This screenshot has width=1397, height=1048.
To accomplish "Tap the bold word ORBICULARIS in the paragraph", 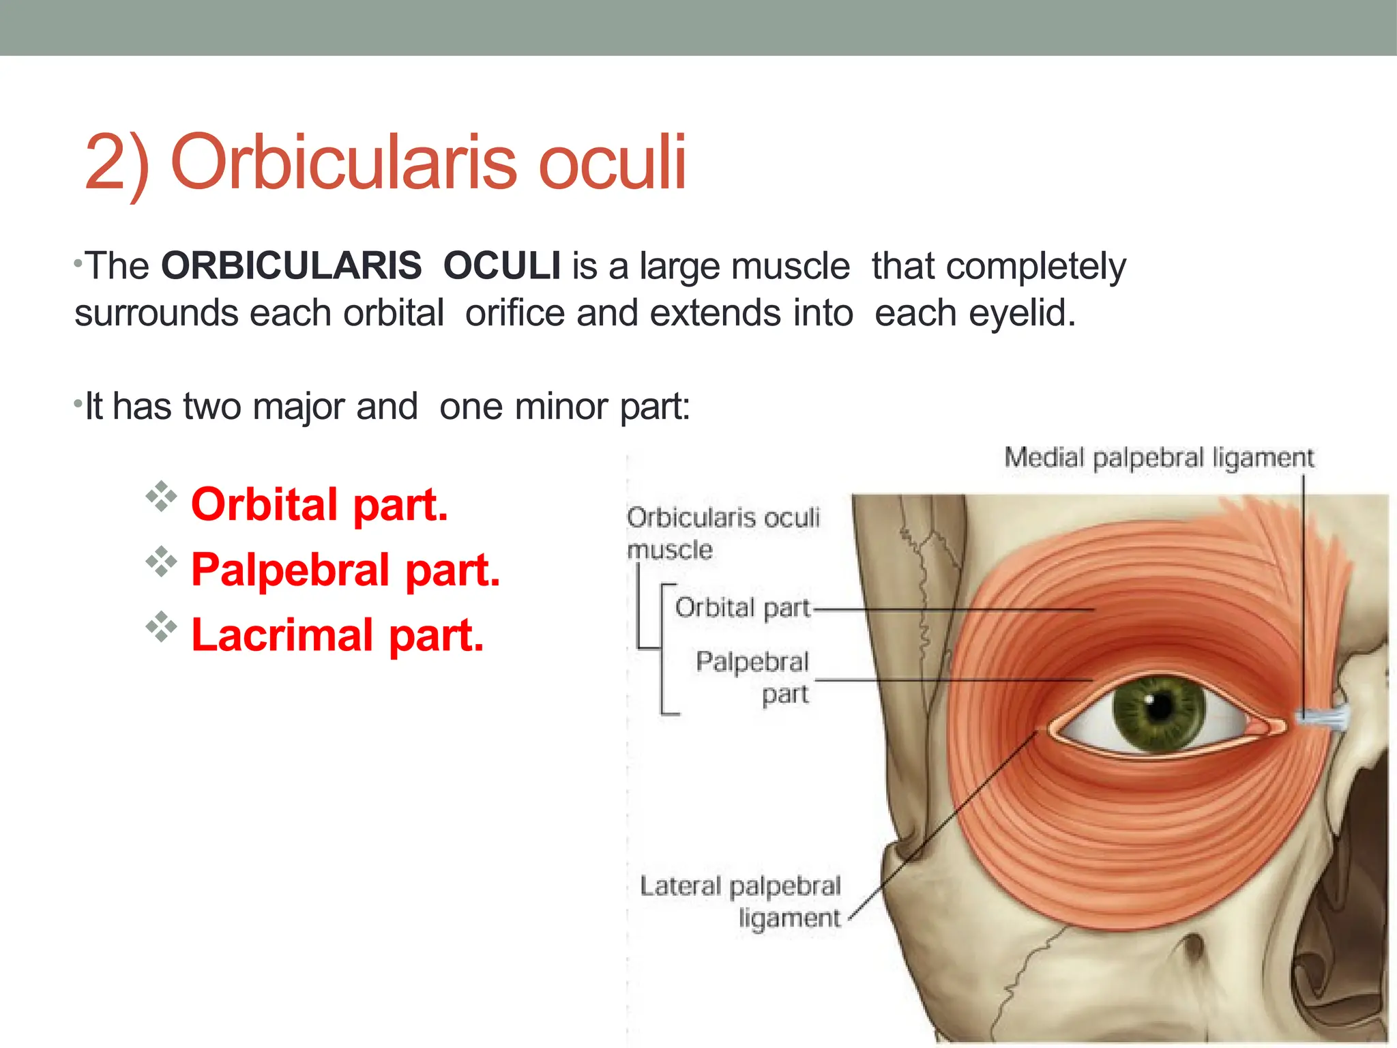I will tap(291, 265).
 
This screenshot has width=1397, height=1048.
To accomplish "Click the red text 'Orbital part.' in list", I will tap(319, 505).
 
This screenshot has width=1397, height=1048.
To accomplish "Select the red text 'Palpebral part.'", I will tap(345, 570).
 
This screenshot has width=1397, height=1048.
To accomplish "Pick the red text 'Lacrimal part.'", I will tap(337, 635).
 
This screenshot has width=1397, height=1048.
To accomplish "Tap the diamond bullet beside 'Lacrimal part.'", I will tap(161, 627).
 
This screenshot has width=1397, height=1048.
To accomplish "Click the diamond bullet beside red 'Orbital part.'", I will tap(161, 497).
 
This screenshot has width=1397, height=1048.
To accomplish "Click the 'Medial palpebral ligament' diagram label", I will tap(1158, 458).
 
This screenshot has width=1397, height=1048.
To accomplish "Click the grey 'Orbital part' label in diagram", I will tap(742, 607).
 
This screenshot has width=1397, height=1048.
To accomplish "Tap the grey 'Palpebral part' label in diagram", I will tap(753, 677).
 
